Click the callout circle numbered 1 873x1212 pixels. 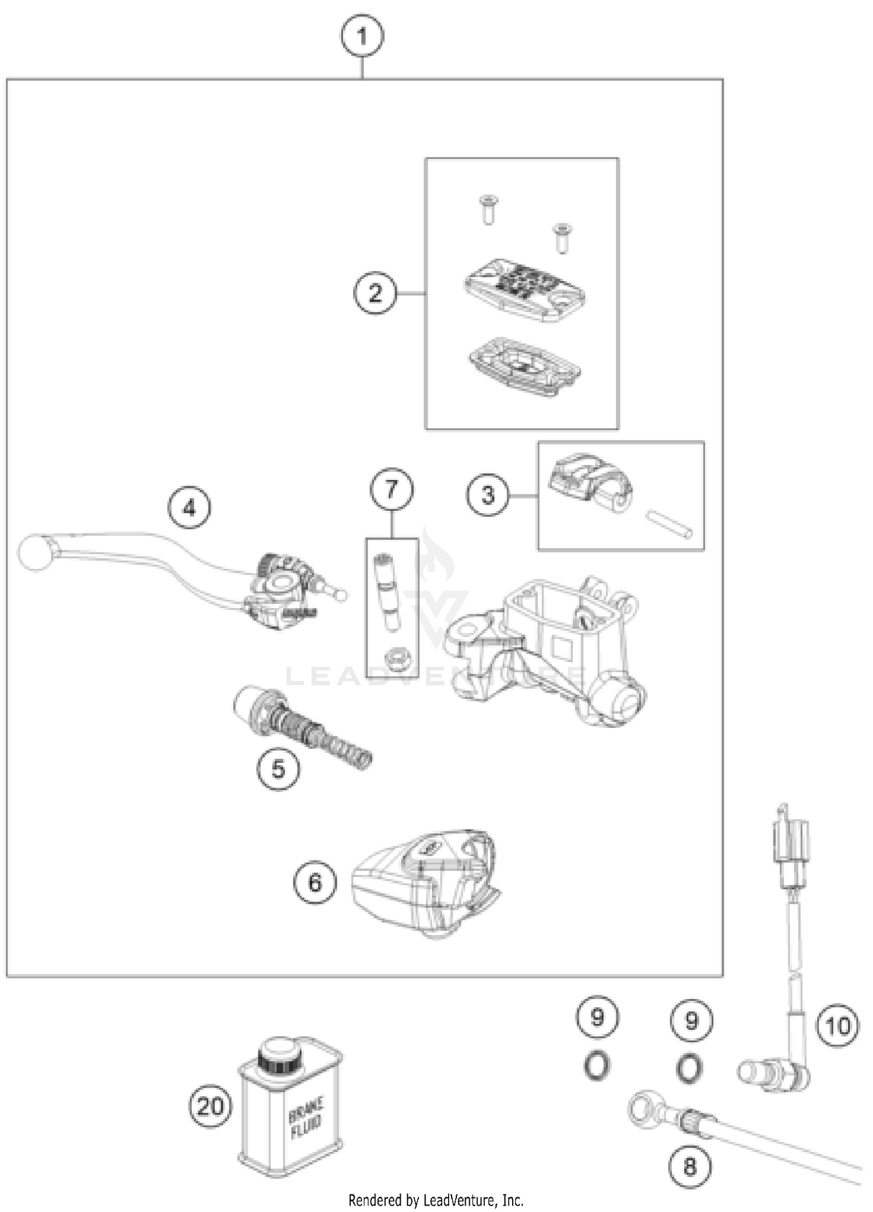click(x=362, y=37)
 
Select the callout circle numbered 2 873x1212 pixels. click(x=375, y=293)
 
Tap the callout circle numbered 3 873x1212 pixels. click(x=487, y=495)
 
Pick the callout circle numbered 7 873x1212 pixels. click(x=392, y=490)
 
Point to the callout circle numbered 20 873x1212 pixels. click(x=211, y=1106)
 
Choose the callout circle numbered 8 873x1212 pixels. click(x=690, y=1166)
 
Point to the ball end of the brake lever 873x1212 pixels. click(x=36, y=552)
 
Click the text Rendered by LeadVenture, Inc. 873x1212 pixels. click(x=436, y=1200)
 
